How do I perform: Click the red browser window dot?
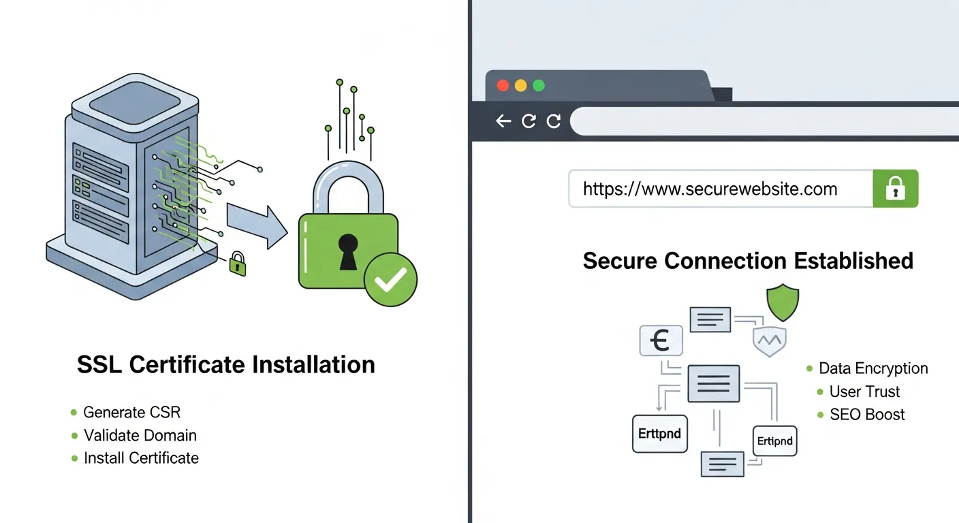[x=503, y=86]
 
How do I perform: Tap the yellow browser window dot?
[x=521, y=86]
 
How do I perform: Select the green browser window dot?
[x=539, y=86]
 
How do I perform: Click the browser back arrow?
[x=503, y=121]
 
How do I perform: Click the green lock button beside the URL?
[x=895, y=189]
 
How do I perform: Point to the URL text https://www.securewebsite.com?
[x=710, y=189]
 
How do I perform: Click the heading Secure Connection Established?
[x=748, y=261]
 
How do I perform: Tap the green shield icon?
[x=783, y=302]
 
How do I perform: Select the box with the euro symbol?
[x=661, y=340]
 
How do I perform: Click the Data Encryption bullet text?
[x=873, y=368]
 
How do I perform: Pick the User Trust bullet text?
[x=864, y=392]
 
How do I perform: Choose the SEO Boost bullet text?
[x=867, y=414]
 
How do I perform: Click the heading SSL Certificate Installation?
[x=226, y=364]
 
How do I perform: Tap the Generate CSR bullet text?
[x=131, y=412]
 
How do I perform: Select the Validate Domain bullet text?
[x=140, y=435]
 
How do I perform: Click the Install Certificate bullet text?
[x=141, y=458]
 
